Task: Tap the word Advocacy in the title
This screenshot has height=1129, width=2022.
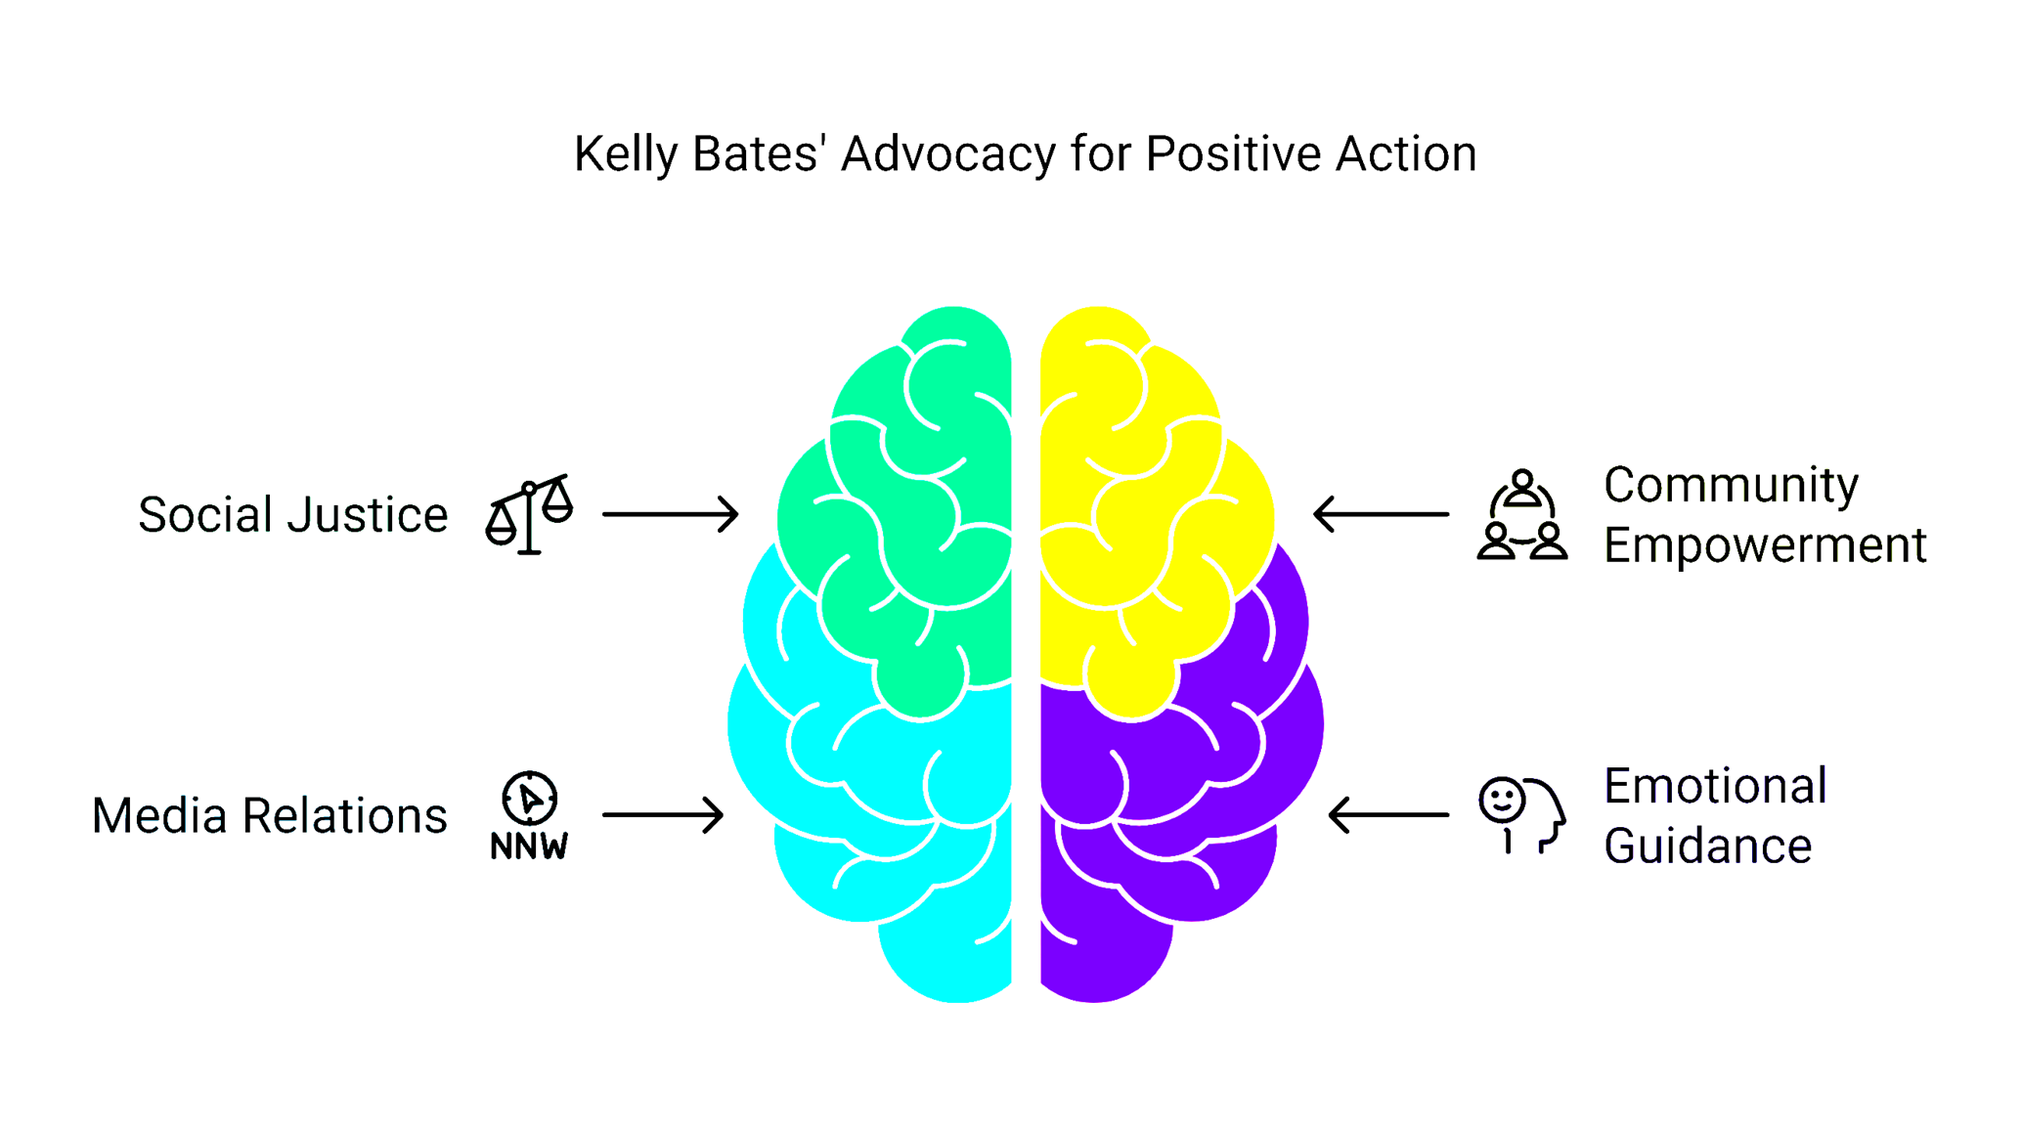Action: pyautogui.click(x=947, y=154)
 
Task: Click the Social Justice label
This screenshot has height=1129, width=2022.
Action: pyautogui.click(x=292, y=515)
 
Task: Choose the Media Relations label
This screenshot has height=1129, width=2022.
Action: pyautogui.click(x=269, y=816)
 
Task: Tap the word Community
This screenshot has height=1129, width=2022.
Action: pyautogui.click(x=1731, y=485)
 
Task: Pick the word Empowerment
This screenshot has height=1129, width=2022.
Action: pyautogui.click(x=1765, y=545)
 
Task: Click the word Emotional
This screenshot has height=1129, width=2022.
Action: pyautogui.click(x=1715, y=786)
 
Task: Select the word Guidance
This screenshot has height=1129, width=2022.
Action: pyautogui.click(x=1707, y=847)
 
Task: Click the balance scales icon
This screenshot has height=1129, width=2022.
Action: pyautogui.click(x=529, y=514)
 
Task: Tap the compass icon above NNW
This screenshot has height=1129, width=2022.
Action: pyautogui.click(x=529, y=798)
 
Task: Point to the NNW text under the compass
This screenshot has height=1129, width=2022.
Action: pyautogui.click(x=529, y=847)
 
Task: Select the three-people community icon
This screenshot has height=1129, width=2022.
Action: pyautogui.click(x=1522, y=515)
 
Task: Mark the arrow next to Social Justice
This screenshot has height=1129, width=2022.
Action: pyautogui.click(x=670, y=514)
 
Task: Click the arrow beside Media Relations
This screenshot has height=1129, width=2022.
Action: pyautogui.click(x=663, y=815)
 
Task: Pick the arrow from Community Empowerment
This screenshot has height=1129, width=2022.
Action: pyautogui.click(x=1381, y=514)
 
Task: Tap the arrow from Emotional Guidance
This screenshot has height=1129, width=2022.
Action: pyautogui.click(x=1388, y=815)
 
